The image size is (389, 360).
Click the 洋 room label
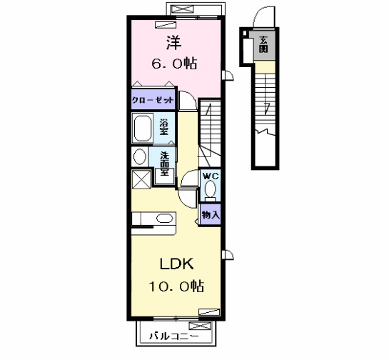tap(173, 42)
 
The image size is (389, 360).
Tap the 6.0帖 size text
tap(174, 64)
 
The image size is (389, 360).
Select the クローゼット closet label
tap(153, 100)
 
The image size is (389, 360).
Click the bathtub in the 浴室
tap(143, 129)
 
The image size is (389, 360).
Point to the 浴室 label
tap(163, 127)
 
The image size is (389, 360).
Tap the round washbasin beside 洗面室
tap(140, 156)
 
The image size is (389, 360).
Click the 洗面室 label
tap(164, 164)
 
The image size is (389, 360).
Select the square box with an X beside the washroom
tap(141, 179)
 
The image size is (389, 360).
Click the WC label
tap(211, 176)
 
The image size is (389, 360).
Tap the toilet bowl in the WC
tap(210, 190)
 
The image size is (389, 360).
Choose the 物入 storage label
tap(211, 215)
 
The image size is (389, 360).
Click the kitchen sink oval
tap(164, 219)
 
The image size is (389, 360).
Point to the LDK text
tap(176, 264)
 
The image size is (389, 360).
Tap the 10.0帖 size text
tap(176, 286)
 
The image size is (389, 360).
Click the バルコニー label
tap(174, 336)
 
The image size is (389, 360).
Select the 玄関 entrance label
tap(263, 45)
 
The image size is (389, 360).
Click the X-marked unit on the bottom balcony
tap(200, 326)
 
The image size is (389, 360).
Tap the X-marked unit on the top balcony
tap(183, 10)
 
